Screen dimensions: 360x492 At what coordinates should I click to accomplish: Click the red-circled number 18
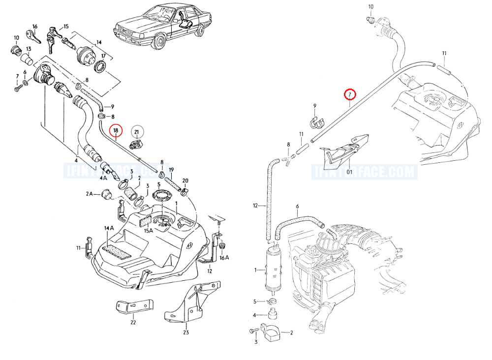pyautogui.click(x=116, y=130)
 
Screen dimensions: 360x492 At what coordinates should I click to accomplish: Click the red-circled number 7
pyautogui.click(x=349, y=93)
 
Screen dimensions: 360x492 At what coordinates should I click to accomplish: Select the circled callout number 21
pyautogui.click(x=137, y=131)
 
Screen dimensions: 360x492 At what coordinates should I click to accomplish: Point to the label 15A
pyautogui.click(x=148, y=231)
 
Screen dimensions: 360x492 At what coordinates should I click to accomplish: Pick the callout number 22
pyautogui.click(x=132, y=323)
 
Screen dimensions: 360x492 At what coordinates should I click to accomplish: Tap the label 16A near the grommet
pyautogui.click(x=224, y=257)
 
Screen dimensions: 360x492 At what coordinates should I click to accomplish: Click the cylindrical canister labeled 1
pyautogui.click(x=270, y=268)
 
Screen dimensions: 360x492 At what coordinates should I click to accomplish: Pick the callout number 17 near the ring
pyautogui.click(x=104, y=56)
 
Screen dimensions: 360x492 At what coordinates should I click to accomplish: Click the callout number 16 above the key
pyautogui.click(x=35, y=26)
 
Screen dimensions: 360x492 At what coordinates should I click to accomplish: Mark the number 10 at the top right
pyautogui.click(x=371, y=6)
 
